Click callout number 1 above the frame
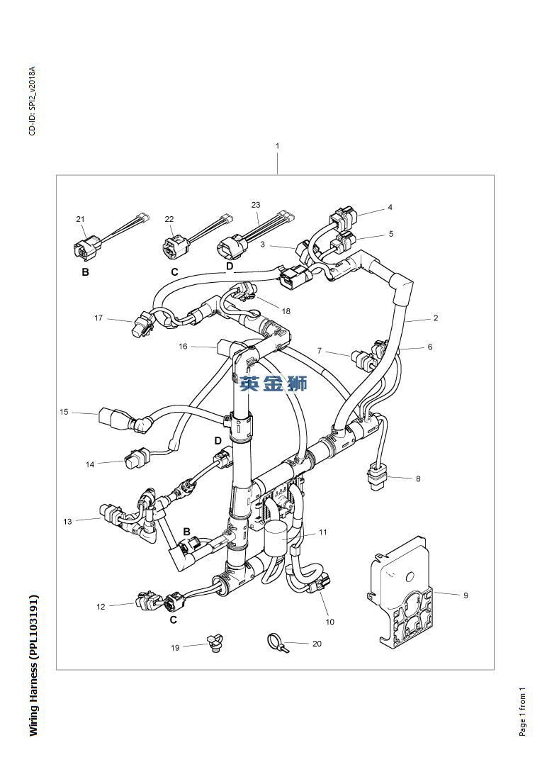[277, 146]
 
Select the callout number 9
[466, 595]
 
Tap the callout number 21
[80, 219]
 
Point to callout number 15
[64, 412]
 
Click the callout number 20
[317, 644]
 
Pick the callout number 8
[418, 478]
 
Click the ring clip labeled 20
[274, 643]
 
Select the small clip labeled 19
[214, 644]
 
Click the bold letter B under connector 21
[85, 272]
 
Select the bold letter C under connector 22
[174, 272]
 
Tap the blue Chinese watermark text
[273, 383]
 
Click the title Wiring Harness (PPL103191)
[33, 665]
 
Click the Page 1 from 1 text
[522, 711]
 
